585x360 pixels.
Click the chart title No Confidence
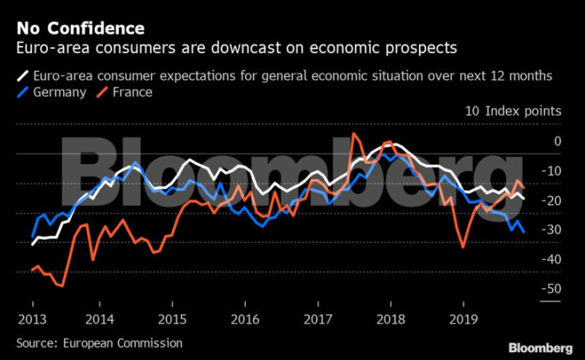tap(80, 28)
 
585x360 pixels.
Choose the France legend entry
tap(131, 92)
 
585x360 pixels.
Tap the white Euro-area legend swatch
tap(22, 77)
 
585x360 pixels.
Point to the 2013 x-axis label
tap(33, 320)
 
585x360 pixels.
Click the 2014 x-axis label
tap(99, 320)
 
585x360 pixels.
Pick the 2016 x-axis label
tap(245, 320)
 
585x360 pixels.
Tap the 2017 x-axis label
tap(318, 320)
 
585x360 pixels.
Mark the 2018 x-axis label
tap(391, 320)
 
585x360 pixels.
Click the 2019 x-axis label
tap(463, 320)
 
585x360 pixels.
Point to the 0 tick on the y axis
tap(557, 142)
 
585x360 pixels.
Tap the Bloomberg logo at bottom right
tap(540, 347)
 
